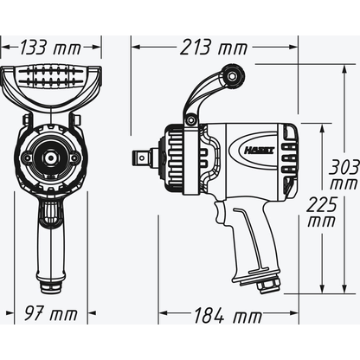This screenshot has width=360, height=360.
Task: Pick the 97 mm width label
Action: pyautogui.click(x=50, y=312)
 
